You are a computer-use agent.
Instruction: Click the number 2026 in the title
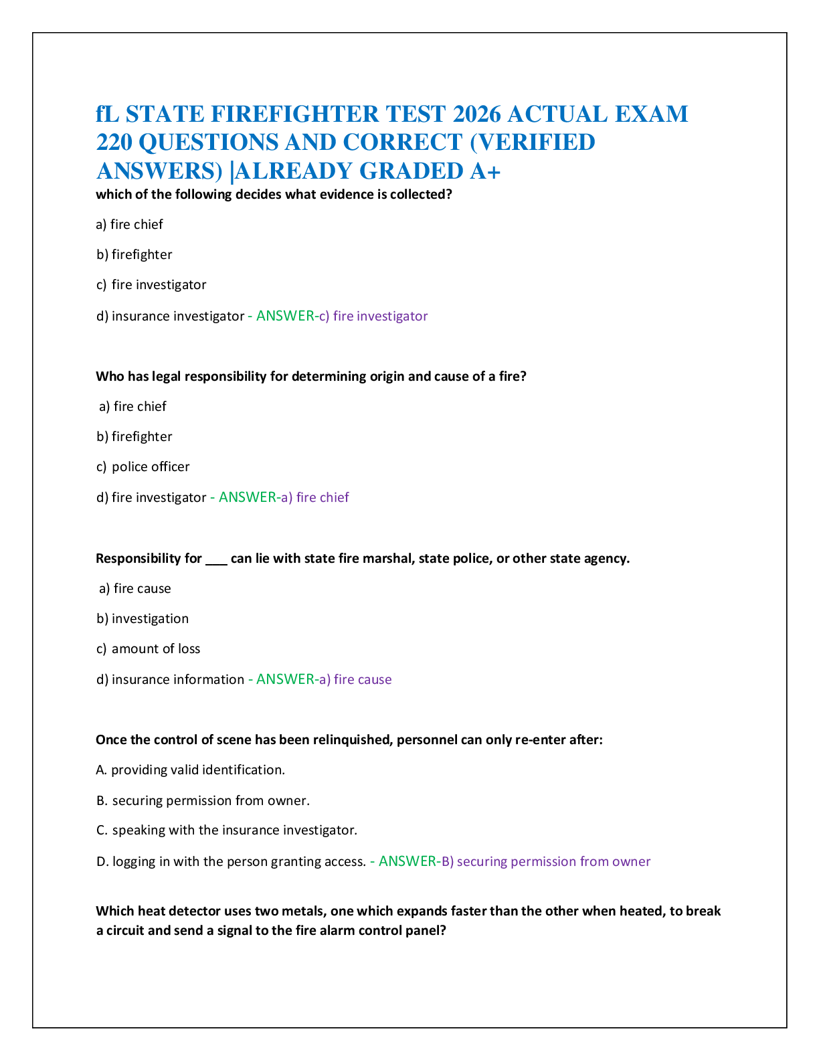coord(476,114)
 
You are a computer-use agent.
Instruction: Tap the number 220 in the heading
coord(114,143)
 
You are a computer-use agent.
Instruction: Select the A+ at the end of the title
coord(485,171)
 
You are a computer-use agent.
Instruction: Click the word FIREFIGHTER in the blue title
coord(294,114)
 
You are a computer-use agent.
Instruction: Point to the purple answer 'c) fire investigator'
coord(373,316)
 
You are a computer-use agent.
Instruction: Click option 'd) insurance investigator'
coord(170,316)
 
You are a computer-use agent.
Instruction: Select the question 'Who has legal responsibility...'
coord(311,376)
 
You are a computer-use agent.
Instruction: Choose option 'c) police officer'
coord(143,467)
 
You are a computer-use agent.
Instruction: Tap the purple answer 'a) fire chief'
coord(315,497)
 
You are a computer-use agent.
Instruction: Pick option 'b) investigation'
coord(143,618)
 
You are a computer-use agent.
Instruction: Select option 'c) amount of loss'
coord(149,648)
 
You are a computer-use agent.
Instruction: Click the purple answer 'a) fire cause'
coord(355,679)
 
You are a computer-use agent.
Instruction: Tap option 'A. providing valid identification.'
coord(190,770)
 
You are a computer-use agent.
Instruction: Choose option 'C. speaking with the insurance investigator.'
coord(227,830)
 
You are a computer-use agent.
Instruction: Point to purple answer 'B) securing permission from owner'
coord(546,861)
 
